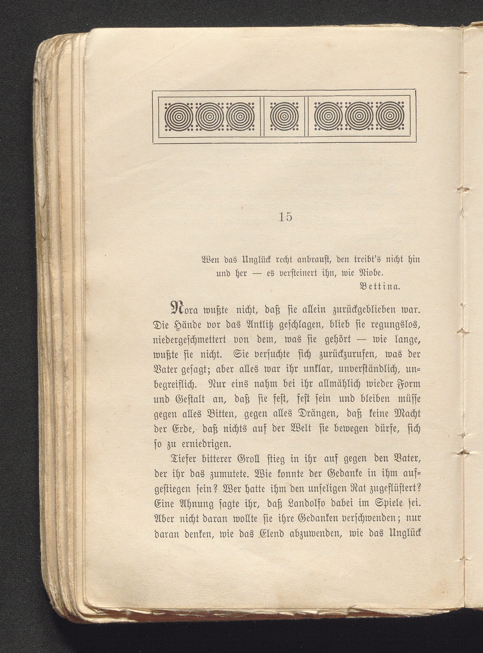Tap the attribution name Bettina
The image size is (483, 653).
coord(379,286)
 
